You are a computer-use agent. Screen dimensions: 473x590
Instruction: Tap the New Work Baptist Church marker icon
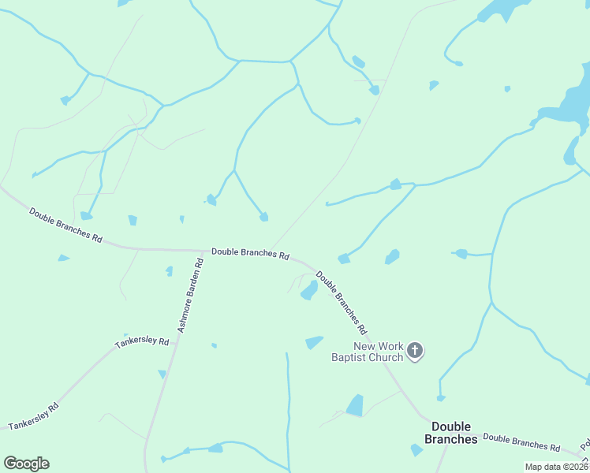point(415,351)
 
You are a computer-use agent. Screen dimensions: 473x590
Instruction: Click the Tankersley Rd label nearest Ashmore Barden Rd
point(142,343)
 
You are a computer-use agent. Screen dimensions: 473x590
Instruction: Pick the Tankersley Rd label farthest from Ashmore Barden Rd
point(34,417)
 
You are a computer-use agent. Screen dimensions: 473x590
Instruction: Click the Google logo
point(26,464)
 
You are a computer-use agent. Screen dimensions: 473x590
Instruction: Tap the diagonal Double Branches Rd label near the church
point(342,300)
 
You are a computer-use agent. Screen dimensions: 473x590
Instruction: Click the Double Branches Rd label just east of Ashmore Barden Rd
point(250,254)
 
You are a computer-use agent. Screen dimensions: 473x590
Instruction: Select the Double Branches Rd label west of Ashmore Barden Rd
point(66,225)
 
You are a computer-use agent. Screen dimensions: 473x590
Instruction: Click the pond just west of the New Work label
point(314,342)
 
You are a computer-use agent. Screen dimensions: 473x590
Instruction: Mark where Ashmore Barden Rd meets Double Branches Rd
point(202,251)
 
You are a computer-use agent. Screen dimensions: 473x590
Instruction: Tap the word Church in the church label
point(384,357)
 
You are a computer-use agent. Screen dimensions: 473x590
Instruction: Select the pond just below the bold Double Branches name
point(416,450)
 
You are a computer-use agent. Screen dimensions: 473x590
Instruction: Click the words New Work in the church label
point(379,346)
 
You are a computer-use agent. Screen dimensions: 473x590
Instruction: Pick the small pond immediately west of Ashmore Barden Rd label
point(169,271)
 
